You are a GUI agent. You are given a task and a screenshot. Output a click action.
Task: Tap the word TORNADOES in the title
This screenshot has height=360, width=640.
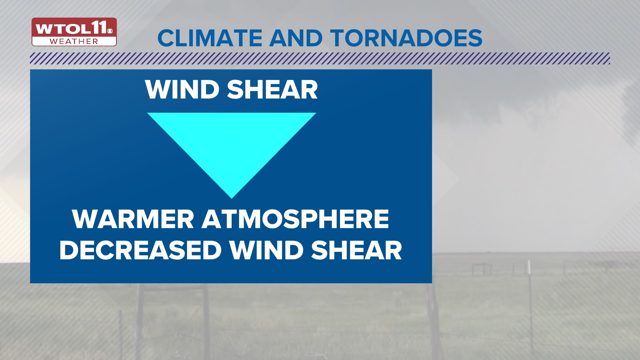pyautogui.click(x=407, y=38)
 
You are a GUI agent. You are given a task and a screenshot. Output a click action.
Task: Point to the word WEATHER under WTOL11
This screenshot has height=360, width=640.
pyautogui.click(x=74, y=42)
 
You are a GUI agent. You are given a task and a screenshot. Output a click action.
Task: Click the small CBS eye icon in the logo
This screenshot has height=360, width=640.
pyautogui.click(x=110, y=31)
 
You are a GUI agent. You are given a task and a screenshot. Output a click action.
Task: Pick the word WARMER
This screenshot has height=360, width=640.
pyautogui.click(x=133, y=219)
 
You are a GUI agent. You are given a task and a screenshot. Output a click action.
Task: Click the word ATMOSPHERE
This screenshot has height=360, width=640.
pyautogui.click(x=295, y=219)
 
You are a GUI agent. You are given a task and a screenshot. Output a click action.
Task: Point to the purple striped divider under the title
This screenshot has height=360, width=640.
pyautogui.click(x=320, y=58)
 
